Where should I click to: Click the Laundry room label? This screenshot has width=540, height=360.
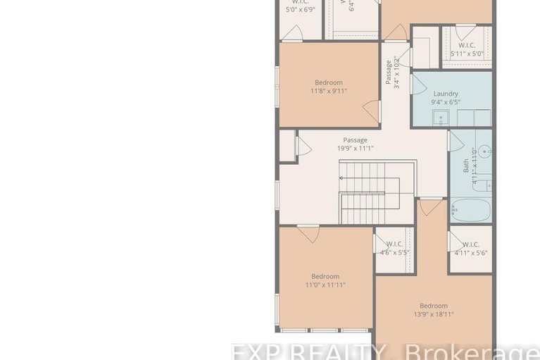pos(446,94)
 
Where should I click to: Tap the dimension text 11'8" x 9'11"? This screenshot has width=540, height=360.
pos(329,91)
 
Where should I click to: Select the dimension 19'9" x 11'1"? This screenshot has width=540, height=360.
pos(356,149)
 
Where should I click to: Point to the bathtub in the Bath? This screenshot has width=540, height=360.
pos(470,209)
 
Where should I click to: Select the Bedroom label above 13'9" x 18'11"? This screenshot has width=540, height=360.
pos(434,306)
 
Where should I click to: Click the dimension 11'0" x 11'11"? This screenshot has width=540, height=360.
pos(325,285)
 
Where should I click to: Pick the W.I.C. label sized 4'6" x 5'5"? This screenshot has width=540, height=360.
pos(394,244)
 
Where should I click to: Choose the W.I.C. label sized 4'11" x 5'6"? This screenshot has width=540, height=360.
pos(470,244)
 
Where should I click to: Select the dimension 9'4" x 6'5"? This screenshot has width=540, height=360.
pos(446,103)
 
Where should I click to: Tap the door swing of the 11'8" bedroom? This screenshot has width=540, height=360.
pos(371,111)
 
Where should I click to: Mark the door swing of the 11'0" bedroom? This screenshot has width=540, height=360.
pos(308,233)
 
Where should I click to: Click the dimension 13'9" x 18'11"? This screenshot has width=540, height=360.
pos(434,314)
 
